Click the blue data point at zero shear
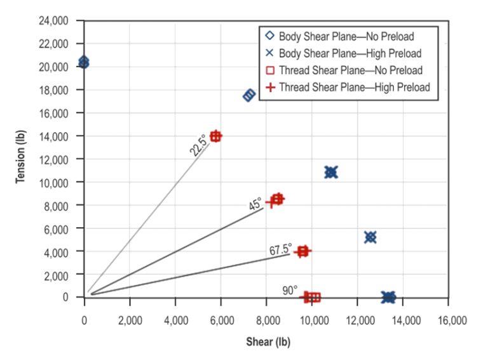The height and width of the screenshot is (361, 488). [83, 62]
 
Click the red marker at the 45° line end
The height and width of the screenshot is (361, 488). [276, 199]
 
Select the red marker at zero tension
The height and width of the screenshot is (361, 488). [311, 296]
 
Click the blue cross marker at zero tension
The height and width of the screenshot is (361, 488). [388, 296]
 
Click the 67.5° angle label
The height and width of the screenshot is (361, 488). [280, 250]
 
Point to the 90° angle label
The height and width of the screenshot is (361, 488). [290, 290]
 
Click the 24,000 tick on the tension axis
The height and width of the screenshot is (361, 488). [58, 21]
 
